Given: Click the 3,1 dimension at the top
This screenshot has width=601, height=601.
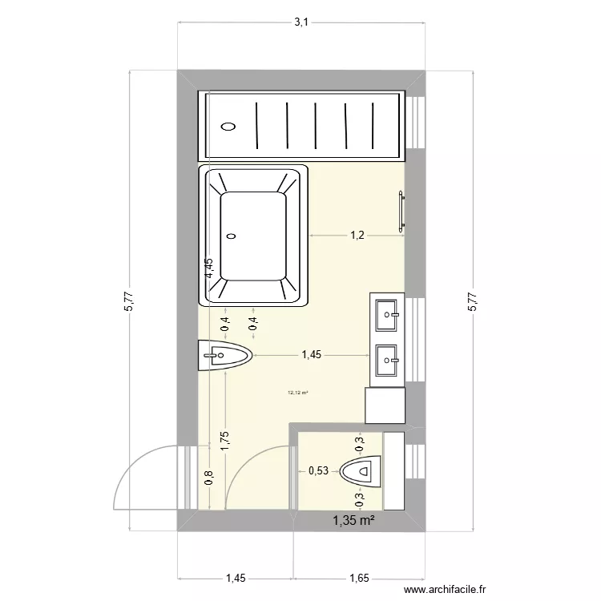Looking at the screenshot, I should tap(300, 22).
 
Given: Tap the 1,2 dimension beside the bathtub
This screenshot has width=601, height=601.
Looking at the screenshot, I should tap(356, 235).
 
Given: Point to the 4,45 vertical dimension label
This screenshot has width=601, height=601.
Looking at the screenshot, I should tap(208, 268).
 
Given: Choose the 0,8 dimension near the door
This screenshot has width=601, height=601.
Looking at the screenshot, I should tap(208, 478).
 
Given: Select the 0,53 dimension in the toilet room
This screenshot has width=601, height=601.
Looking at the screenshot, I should tap(318, 471).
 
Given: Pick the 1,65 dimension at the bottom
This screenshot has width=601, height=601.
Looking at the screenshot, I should tap(359, 576).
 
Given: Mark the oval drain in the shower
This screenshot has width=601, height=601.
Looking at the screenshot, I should tap(228, 126).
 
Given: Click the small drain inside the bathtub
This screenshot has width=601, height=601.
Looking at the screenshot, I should tap(232, 236).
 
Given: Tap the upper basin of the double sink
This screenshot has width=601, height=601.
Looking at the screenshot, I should tap(388, 313).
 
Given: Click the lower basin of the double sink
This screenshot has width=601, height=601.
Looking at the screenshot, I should tap(388, 360).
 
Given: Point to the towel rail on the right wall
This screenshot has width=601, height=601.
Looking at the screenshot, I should tap(401, 212).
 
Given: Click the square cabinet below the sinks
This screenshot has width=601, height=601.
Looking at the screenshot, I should tap(385, 405).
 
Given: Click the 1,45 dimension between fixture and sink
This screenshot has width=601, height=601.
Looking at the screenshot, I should tap(312, 355).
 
